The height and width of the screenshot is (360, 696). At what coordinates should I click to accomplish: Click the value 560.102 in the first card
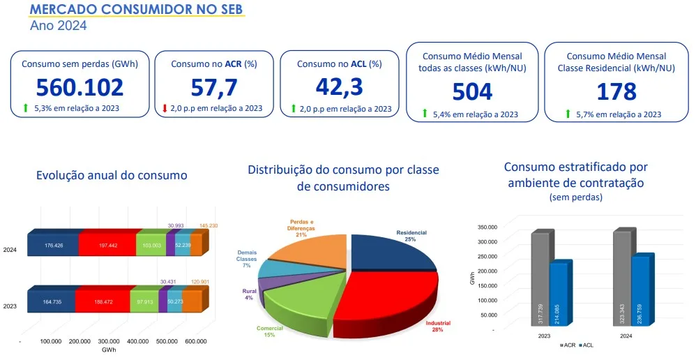pos(80,87)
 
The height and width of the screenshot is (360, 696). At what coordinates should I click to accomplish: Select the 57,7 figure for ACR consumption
pos(214,87)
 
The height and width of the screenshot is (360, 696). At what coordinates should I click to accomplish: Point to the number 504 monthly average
pos(472,91)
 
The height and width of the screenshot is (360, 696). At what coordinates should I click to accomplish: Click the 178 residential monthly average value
pos(616,91)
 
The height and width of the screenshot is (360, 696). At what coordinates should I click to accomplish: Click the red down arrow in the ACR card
pos(165,108)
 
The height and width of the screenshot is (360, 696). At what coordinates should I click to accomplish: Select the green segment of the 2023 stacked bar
pos(146,301)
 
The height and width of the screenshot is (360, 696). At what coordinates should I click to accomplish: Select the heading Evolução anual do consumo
pos(112,176)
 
